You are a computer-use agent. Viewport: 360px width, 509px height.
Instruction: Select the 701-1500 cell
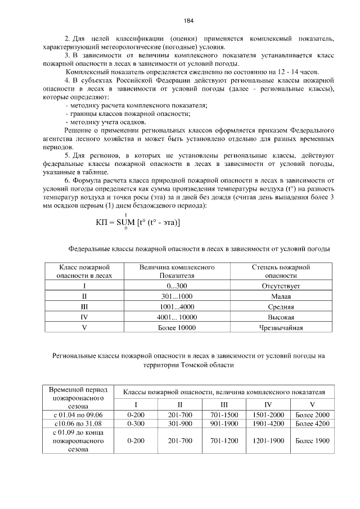(224, 415)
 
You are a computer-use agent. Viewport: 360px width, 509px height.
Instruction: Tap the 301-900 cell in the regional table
(180, 422)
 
